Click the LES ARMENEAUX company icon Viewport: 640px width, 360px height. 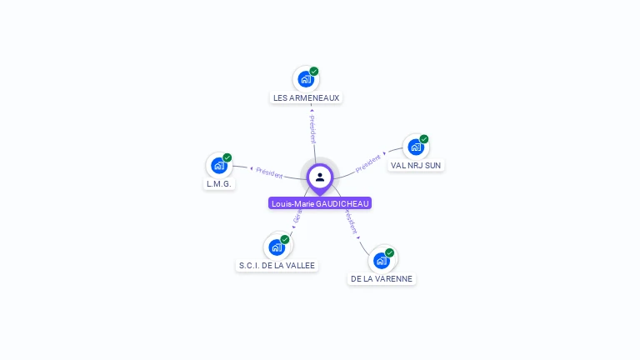click(306, 80)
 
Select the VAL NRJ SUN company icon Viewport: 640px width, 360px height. click(415, 147)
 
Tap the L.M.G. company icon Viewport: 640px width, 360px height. click(219, 165)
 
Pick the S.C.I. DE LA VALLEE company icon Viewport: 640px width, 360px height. click(277, 247)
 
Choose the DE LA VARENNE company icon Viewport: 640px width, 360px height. click(382, 260)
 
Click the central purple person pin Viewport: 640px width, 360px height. click(320, 177)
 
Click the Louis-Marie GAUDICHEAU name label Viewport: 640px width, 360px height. click(320, 203)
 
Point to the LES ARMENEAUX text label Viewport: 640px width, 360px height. click(307, 97)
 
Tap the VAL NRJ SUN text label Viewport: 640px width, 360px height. click(416, 165)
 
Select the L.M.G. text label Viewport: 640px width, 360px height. click(219, 183)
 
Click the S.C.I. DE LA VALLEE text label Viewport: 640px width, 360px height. click(277, 265)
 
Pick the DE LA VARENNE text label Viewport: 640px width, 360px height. click(382, 278)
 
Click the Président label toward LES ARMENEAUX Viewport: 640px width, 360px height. click(312, 129)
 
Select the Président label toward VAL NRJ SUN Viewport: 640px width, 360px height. click(367, 163)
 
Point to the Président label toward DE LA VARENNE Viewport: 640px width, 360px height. click(352, 222)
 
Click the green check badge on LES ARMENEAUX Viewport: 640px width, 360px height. click(314, 72)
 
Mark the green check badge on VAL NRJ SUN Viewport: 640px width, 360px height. click(423, 139)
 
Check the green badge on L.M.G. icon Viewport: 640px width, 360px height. click(227, 157)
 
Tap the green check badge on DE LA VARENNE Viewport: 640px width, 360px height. click(389, 252)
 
